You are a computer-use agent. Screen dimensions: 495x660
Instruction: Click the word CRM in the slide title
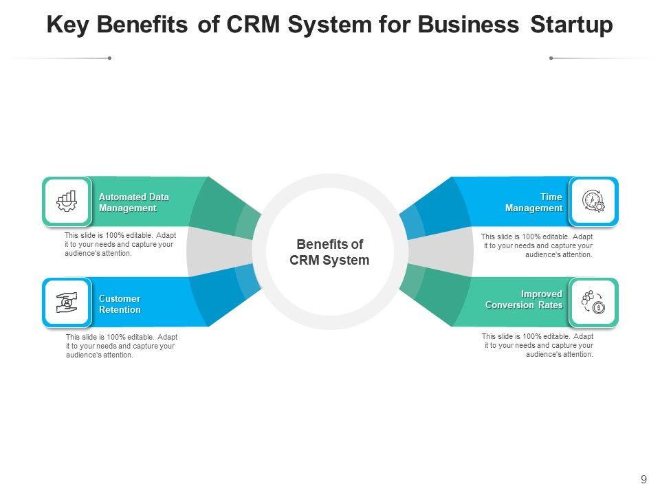tap(252, 25)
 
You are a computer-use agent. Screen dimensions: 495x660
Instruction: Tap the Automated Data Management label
tap(133, 202)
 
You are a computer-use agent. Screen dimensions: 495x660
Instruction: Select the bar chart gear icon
tap(67, 201)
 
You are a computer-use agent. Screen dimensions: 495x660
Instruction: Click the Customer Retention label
tap(120, 304)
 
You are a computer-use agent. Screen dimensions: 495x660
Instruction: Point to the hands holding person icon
tap(67, 302)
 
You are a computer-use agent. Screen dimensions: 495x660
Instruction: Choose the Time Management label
tap(533, 202)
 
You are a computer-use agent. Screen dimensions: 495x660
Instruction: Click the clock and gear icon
tap(593, 201)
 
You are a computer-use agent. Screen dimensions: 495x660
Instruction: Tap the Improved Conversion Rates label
tap(524, 299)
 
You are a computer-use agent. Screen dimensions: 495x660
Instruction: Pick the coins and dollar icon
tap(593, 302)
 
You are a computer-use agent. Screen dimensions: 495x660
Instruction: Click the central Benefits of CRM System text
tap(329, 252)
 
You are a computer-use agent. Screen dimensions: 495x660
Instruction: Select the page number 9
tap(643, 480)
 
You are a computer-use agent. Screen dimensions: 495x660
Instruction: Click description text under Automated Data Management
tap(120, 244)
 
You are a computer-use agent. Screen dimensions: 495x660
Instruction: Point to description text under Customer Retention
tap(121, 346)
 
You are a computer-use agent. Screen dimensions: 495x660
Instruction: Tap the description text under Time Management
tap(537, 245)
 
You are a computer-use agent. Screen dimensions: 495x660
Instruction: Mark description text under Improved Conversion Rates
tap(538, 345)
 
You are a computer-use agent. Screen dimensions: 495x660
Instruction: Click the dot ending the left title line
tap(109, 58)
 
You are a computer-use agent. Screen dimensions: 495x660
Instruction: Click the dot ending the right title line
tap(551, 58)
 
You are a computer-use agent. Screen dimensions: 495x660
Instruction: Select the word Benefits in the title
tap(144, 25)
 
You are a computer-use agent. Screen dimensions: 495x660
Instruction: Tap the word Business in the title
tap(467, 25)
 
